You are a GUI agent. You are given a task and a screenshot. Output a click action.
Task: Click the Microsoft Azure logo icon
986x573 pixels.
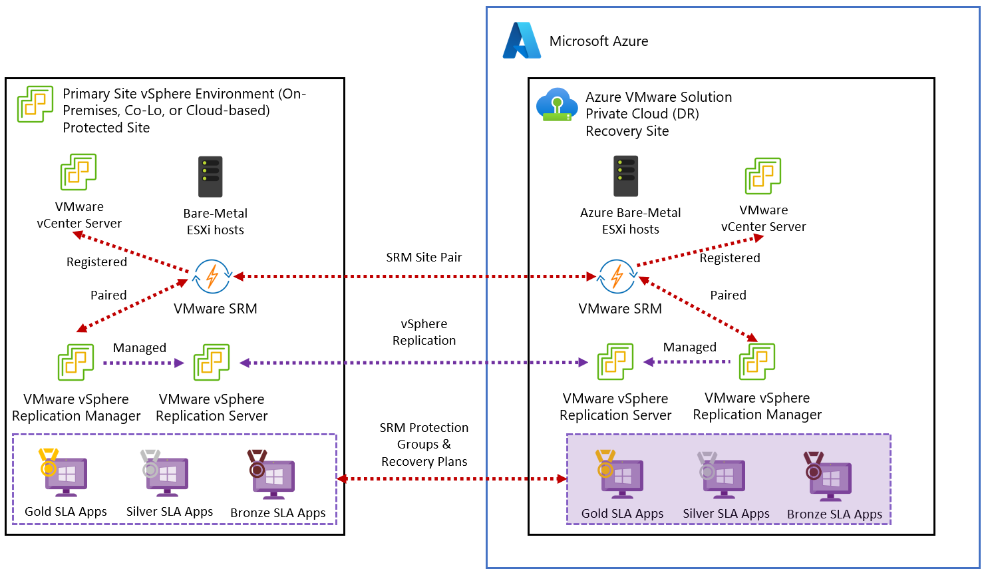pyautogui.click(x=522, y=41)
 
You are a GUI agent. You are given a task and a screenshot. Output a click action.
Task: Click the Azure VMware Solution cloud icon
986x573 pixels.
pyautogui.click(x=557, y=105)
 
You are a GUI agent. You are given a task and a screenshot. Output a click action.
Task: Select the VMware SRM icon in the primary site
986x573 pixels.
pyautogui.click(x=212, y=276)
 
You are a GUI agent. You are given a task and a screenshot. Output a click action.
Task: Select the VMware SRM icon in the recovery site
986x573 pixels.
pyautogui.click(x=617, y=276)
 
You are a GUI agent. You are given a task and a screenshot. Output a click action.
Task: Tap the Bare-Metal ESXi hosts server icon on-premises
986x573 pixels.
pyautogui.click(x=210, y=176)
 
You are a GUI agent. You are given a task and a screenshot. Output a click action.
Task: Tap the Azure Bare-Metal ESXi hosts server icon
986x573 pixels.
pyautogui.click(x=625, y=176)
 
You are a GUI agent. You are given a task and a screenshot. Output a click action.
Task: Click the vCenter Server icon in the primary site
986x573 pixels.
pyautogui.click(x=79, y=172)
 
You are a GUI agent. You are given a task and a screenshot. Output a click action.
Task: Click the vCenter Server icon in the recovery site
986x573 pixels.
pyautogui.click(x=762, y=176)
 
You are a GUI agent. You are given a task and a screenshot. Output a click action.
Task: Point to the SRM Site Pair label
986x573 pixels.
pyautogui.click(x=424, y=258)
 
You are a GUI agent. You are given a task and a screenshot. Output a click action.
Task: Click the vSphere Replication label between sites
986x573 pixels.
pyautogui.click(x=424, y=332)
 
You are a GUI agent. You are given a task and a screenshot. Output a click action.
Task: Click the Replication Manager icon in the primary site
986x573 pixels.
pyautogui.click(x=76, y=362)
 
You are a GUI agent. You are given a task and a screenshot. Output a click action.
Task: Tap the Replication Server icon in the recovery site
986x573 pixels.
pyautogui.click(x=615, y=361)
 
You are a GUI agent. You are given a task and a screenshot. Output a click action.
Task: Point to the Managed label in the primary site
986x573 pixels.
pyautogui.click(x=140, y=348)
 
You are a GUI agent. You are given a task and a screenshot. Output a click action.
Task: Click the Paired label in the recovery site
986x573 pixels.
pyautogui.click(x=728, y=295)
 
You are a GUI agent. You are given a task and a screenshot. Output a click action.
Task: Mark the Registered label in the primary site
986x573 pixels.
pyautogui.click(x=96, y=262)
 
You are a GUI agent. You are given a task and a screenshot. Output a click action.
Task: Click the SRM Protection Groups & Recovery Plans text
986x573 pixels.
pyautogui.click(x=424, y=445)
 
